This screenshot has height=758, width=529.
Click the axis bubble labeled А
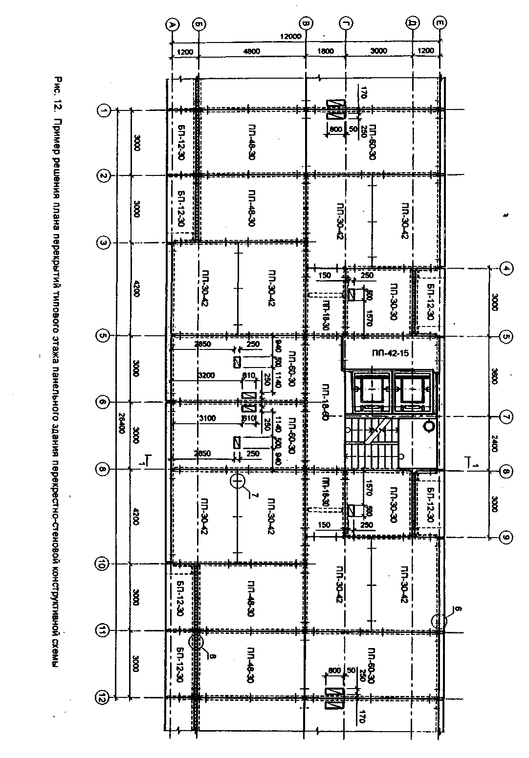171,24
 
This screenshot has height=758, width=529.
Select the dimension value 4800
252,51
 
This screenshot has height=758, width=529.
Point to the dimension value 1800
326,51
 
